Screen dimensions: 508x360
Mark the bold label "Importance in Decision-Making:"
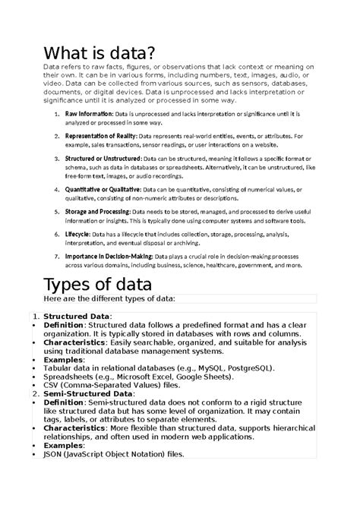108,257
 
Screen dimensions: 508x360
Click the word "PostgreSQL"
251,369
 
